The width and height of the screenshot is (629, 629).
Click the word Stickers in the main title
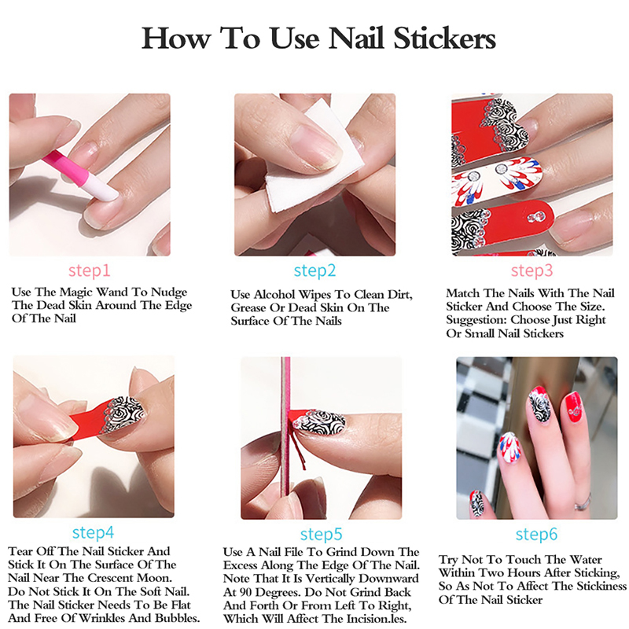pyautogui.click(x=444, y=38)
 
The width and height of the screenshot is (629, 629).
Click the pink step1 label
pyautogui.click(x=89, y=270)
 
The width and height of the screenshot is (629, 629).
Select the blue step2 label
pyautogui.click(x=315, y=270)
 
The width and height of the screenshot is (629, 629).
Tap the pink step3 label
pyautogui.click(x=532, y=270)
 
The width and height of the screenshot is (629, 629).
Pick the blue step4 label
pyautogui.click(x=93, y=533)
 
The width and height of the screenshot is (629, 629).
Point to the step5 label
pyautogui.click(x=322, y=535)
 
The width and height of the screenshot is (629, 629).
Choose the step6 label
pyautogui.click(x=537, y=535)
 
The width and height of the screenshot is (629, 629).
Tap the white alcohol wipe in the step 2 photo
pyautogui.click(x=317, y=160)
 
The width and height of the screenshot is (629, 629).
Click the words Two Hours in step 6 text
pyautogui.click(x=502, y=573)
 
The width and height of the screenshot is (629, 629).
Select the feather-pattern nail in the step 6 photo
pyautogui.click(x=510, y=448)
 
